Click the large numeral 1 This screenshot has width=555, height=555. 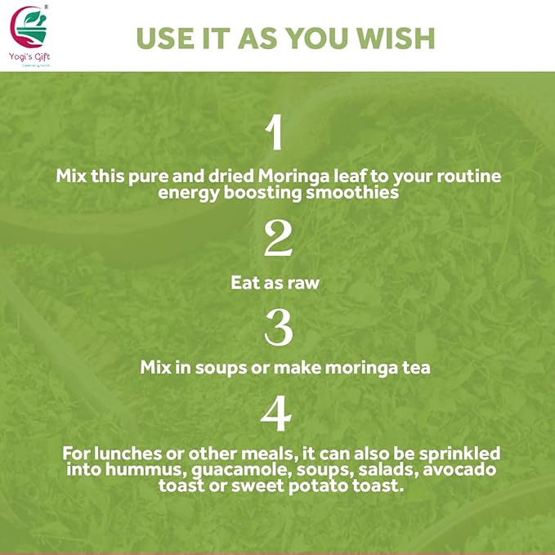276,133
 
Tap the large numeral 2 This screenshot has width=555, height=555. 278,239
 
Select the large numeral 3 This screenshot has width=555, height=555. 278,327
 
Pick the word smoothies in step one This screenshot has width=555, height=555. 359,192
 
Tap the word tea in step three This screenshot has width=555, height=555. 417,368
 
